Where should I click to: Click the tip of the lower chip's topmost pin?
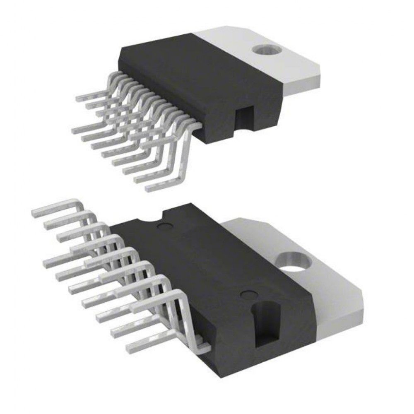(33, 214)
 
